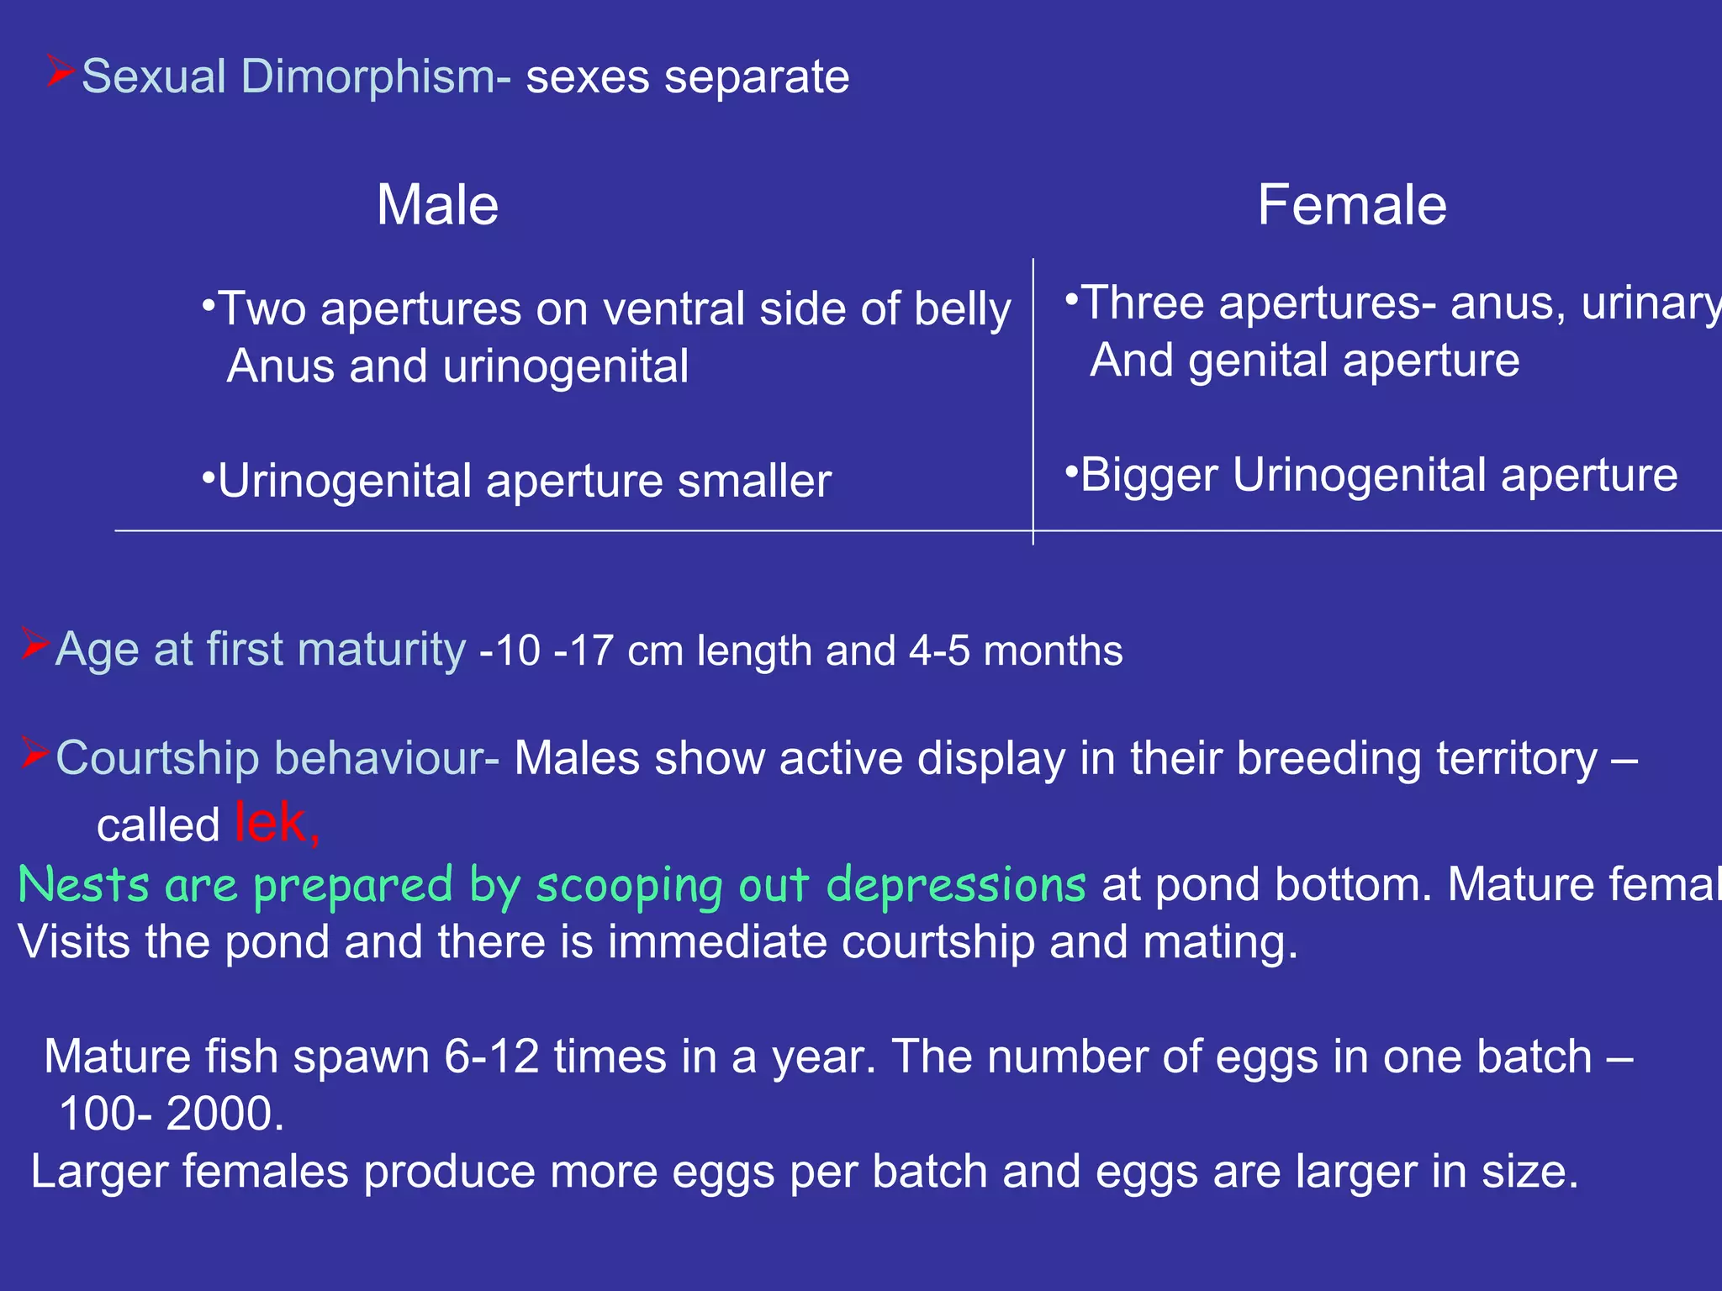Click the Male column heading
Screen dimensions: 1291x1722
pyautogui.click(x=437, y=205)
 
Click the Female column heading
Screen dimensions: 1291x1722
pyautogui.click(x=1351, y=205)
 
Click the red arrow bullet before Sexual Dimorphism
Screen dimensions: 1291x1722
pyautogui.click(x=61, y=71)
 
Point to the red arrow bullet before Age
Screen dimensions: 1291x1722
pyautogui.click(x=35, y=644)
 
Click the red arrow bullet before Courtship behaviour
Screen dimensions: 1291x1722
pyautogui.click(x=35, y=752)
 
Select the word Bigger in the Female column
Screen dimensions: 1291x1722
pyautogui.click(x=1149, y=476)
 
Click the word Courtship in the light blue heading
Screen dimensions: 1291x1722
pyautogui.click(x=157, y=758)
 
